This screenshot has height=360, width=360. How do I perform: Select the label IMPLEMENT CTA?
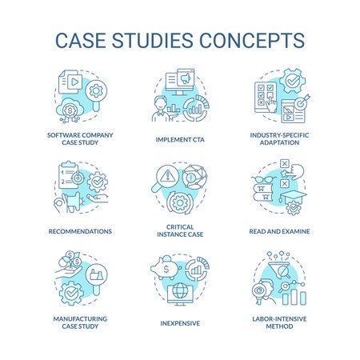pyautogui.click(x=179, y=138)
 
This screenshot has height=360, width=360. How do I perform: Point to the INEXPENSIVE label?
pyautogui.click(x=179, y=324)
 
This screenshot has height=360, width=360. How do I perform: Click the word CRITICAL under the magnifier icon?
pyautogui.click(x=179, y=228)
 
